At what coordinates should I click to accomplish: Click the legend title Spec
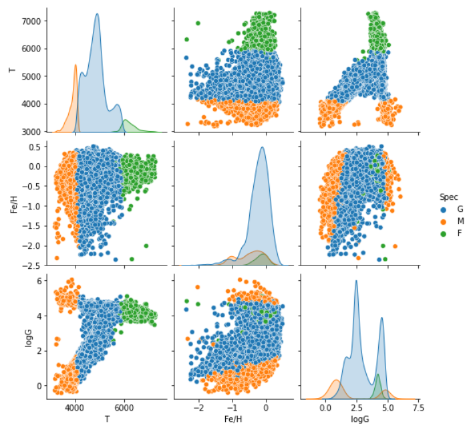click(448, 197)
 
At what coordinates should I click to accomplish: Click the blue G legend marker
click(444, 209)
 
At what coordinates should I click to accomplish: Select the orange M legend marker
click(444, 221)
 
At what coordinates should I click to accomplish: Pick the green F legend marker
click(444, 233)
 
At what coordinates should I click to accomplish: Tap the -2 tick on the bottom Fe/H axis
click(198, 407)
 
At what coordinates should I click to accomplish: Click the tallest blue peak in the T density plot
click(97, 14)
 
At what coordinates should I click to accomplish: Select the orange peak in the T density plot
click(75, 65)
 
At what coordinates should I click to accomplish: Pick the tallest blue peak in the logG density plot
click(355, 281)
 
